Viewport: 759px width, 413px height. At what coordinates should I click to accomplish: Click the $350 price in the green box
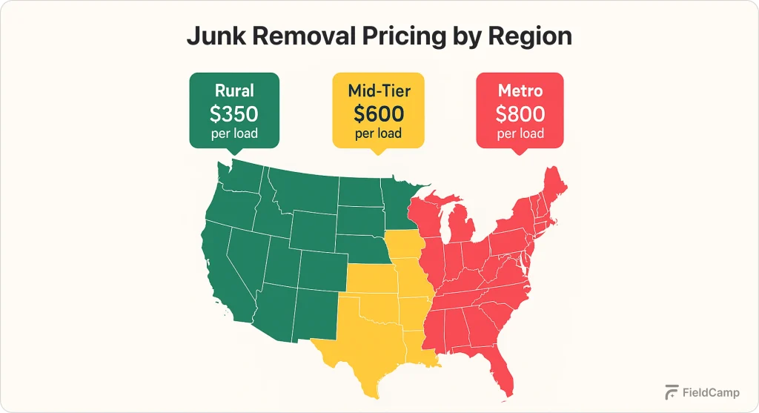click(233, 113)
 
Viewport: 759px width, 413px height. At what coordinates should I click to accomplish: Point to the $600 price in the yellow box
click(378, 114)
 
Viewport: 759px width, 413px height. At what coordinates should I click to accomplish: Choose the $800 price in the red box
click(520, 114)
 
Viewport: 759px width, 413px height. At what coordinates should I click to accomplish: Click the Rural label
click(234, 91)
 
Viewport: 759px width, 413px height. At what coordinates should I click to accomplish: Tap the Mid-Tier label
click(378, 91)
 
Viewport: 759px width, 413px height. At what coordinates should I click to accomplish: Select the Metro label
click(520, 91)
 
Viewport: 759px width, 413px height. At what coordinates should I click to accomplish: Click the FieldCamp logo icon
click(672, 392)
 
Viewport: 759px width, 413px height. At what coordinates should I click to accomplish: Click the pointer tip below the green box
click(234, 153)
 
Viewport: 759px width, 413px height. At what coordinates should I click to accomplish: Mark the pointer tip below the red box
click(520, 153)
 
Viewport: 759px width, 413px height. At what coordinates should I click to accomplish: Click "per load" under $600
click(378, 134)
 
